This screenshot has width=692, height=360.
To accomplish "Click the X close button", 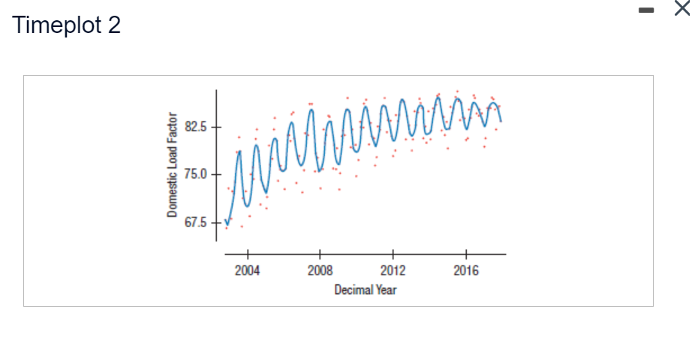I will click(680, 9).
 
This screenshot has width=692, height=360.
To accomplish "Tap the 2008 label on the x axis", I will click(320, 270).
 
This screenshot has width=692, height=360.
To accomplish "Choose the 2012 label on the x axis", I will click(393, 270).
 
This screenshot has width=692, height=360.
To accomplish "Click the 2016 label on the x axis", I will click(465, 270).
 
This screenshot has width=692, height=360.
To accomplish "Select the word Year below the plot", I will click(386, 289).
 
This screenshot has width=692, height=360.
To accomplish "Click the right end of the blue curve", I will click(501, 121).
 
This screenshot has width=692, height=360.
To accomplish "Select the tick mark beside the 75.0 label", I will click(215, 175).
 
